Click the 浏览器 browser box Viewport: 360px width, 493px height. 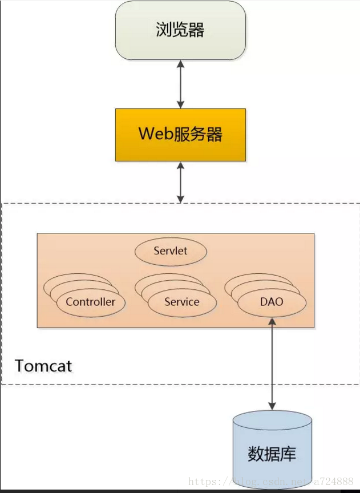click(x=180, y=30)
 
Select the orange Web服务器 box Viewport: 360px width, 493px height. click(x=180, y=135)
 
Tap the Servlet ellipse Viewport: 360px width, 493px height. click(x=171, y=251)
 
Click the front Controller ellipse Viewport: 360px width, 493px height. click(x=91, y=302)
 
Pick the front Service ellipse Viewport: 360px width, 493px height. click(x=182, y=302)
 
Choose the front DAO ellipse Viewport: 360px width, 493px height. click(x=272, y=302)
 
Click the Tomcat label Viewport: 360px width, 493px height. click(x=43, y=366)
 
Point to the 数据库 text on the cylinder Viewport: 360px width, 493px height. click(x=272, y=454)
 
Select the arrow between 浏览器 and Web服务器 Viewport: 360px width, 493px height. click(x=180, y=84)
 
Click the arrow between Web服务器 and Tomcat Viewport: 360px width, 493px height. click(x=180, y=183)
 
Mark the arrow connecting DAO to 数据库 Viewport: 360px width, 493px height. click(x=272, y=364)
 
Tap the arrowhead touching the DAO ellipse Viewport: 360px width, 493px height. click(x=272, y=321)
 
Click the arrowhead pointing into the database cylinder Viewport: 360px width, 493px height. click(x=272, y=406)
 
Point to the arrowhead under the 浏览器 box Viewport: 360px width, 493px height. click(x=180, y=64)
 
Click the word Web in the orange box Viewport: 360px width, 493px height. click(x=156, y=134)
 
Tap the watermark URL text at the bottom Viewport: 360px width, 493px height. click(x=271, y=482)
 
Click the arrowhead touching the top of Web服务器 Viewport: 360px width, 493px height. click(x=180, y=104)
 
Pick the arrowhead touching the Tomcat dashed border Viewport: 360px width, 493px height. click(x=180, y=199)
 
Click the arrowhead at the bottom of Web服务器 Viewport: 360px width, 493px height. click(x=180, y=165)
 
